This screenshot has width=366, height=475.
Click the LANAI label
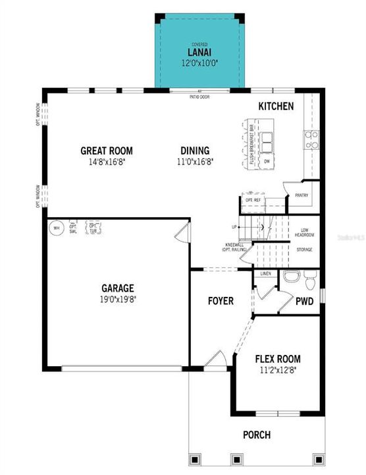point(199,53)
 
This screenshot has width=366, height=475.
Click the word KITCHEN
point(276,106)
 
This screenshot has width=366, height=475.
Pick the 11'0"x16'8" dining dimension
point(196,161)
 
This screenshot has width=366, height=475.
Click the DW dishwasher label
point(267,160)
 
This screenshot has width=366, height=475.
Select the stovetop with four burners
point(311,138)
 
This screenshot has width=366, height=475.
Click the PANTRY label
point(301,195)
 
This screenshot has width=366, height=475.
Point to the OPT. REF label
point(253,200)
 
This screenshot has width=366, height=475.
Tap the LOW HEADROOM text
point(303,232)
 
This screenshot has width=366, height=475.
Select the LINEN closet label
point(266,273)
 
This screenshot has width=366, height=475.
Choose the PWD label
point(304,301)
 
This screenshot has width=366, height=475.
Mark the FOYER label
point(221,301)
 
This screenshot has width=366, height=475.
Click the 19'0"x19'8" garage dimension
point(118,299)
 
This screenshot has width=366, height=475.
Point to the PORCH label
point(257,435)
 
